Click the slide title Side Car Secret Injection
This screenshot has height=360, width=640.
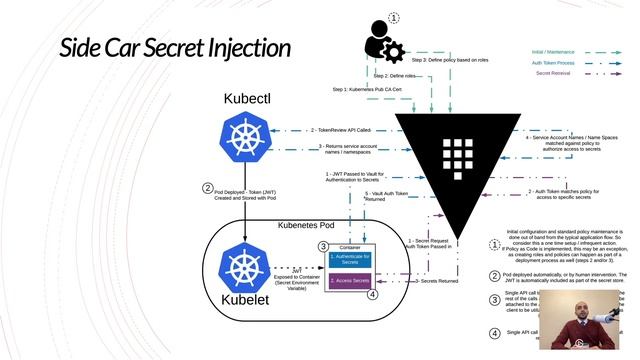click(x=175, y=48)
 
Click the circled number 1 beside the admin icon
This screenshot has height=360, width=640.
click(x=393, y=18)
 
